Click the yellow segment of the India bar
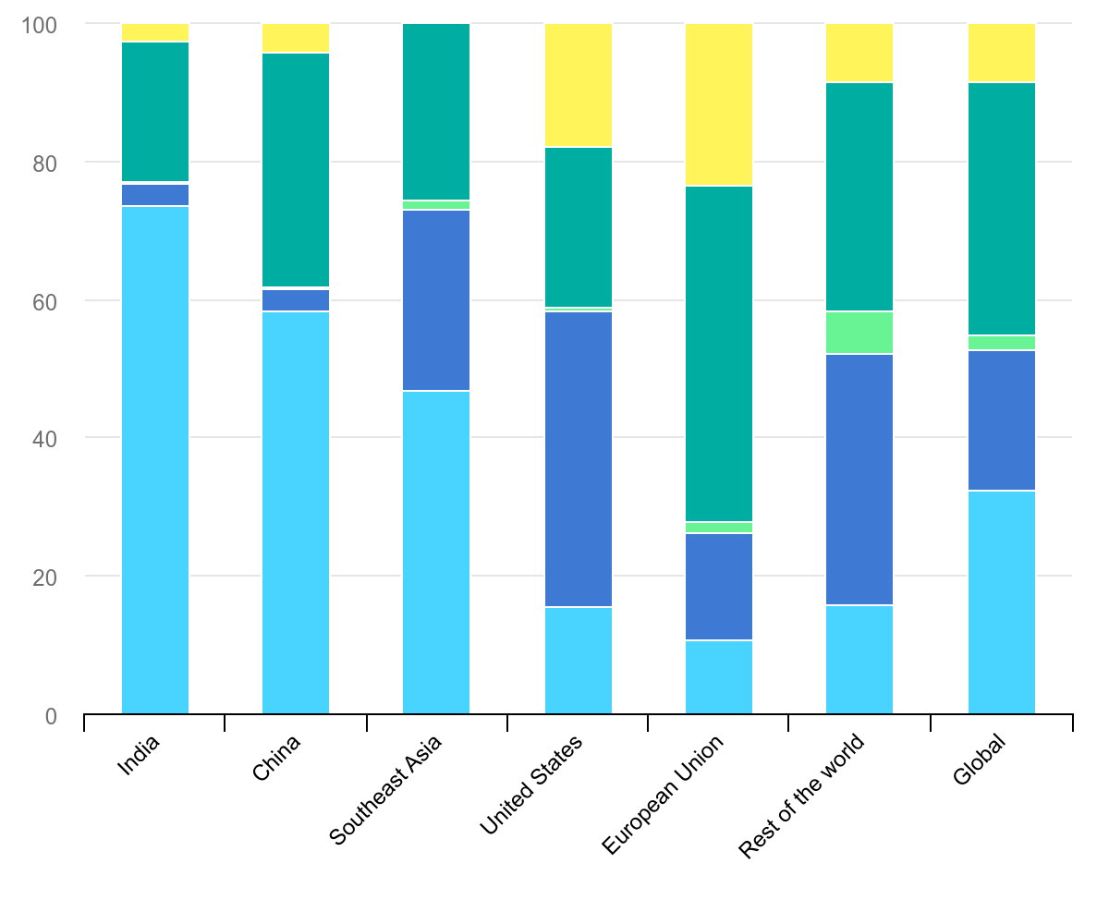click(155, 32)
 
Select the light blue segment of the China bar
click(296, 513)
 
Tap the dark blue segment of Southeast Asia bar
click(436, 300)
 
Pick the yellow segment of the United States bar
click(579, 85)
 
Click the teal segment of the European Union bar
click(719, 354)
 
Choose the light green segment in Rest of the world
click(859, 333)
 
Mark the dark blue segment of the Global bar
click(1002, 420)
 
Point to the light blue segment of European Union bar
click(719, 677)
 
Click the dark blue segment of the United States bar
click(579, 459)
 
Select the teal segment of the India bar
click(155, 112)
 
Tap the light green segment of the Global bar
click(1002, 343)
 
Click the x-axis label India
click(140, 755)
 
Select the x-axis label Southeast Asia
click(386, 789)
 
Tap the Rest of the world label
click(802, 796)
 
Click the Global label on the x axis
click(979, 760)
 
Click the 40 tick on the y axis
click(42, 438)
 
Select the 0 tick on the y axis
click(50, 715)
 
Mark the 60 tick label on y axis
click(42, 300)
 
